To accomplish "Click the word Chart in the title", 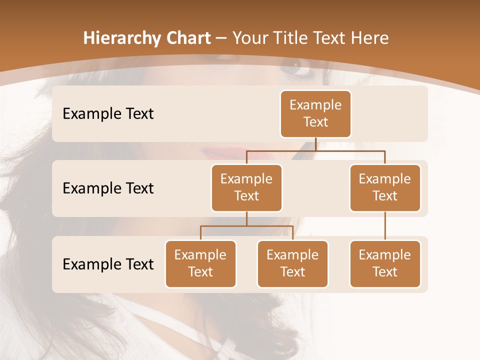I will point(186,38).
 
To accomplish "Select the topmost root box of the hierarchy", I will point(315,114).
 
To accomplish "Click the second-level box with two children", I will point(246,187).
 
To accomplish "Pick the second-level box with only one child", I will point(385,187).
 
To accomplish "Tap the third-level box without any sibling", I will point(385,263).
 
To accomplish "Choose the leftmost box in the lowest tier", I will point(200,263).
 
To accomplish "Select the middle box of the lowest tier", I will point(292,263).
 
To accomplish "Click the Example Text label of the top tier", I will point(108,114).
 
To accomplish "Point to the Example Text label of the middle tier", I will point(108,188).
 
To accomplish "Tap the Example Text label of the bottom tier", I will point(108,264).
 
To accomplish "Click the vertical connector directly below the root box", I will point(315,144).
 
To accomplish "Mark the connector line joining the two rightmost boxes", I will point(385,226).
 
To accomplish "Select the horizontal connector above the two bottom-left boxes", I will point(246,226).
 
